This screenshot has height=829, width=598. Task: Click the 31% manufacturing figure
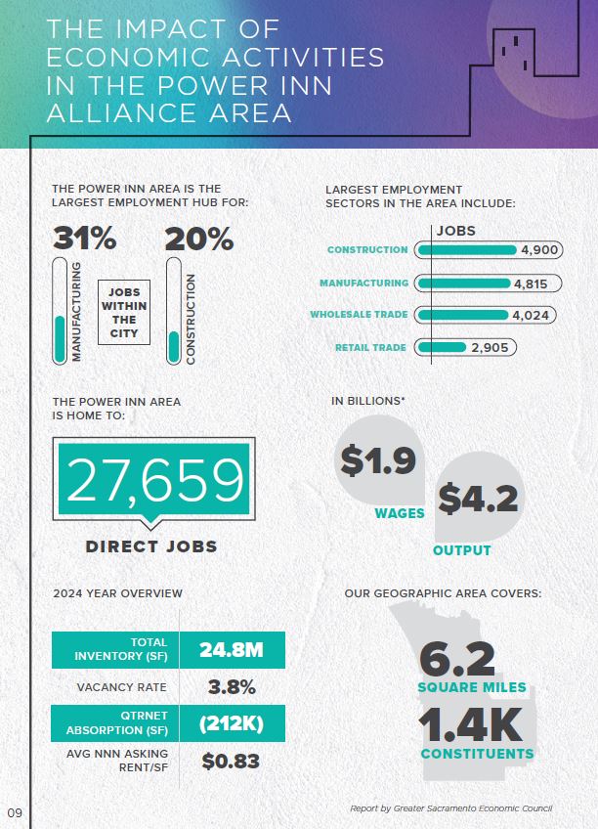(84, 239)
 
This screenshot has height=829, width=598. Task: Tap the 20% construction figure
(198, 239)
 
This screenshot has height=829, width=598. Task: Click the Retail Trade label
(371, 347)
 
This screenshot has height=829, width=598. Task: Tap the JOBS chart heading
(455, 231)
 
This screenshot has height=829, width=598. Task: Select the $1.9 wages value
(378, 460)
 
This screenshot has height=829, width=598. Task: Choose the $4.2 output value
(478, 500)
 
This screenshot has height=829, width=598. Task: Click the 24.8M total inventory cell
(231, 649)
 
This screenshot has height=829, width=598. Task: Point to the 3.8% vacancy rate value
(232, 687)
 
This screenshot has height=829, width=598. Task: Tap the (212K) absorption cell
(231, 724)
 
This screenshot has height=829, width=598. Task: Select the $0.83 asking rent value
(231, 761)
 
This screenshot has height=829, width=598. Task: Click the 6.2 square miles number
(457, 659)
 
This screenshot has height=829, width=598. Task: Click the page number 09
(15, 812)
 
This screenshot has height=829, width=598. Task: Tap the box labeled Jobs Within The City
(124, 313)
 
